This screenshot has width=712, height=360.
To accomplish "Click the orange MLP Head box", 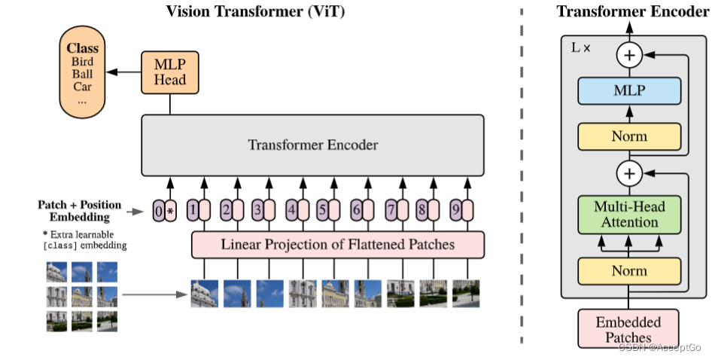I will pyautogui.click(x=169, y=72).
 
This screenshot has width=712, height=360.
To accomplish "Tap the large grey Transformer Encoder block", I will pyautogui.click(x=312, y=145).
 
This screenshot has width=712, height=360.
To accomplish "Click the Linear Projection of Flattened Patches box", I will pyautogui.click(x=338, y=245).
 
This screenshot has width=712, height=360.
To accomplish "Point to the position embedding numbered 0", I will pyautogui.click(x=158, y=212).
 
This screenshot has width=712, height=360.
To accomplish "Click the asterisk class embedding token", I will pyautogui.click(x=171, y=212).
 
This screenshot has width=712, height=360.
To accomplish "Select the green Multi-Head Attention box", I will pyautogui.click(x=629, y=214).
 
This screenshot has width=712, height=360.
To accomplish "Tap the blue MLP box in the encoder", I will pyautogui.click(x=629, y=90).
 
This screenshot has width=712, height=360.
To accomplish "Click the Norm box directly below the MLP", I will pyautogui.click(x=629, y=137).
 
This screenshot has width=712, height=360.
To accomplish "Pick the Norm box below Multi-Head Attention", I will pyautogui.click(x=629, y=270).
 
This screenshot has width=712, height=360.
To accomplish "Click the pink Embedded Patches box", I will pyautogui.click(x=628, y=329).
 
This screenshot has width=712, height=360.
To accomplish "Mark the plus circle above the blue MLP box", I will pyautogui.click(x=629, y=54).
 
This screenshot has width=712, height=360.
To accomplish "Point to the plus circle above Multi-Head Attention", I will pyautogui.click(x=629, y=174).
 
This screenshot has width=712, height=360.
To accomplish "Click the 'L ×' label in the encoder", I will pyautogui.click(x=581, y=47).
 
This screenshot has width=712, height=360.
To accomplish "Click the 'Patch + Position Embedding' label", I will pyautogui.click(x=79, y=211).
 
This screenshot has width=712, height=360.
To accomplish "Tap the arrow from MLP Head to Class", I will pyautogui.click(x=123, y=72).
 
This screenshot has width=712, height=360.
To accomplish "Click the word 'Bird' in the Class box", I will pyautogui.click(x=82, y=62).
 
